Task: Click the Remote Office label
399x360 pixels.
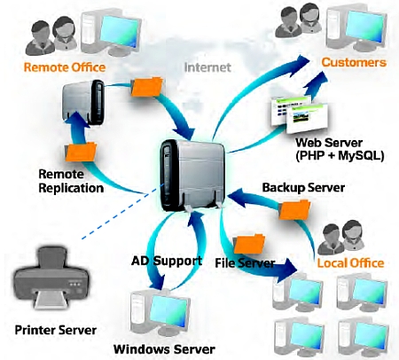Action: (x=65, y=67)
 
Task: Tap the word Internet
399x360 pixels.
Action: (x=207, y=67)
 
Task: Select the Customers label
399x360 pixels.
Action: (x=354, y=62)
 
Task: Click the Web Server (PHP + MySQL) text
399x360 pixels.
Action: (x=340, y=149)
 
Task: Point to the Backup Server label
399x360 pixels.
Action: (x=303, y=188)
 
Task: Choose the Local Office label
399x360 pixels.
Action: (x=350, y=262)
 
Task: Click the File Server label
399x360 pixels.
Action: (x=245, y=262)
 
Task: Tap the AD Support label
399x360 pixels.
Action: (x=167, y=261)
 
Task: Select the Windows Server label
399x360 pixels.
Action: (x=164, y=349)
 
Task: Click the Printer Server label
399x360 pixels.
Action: (x=56, y=330)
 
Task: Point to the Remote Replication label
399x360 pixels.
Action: (x=71, y=181)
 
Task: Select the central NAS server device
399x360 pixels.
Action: (x=193, y=175)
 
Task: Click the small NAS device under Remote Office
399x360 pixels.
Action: (x=83, y=102)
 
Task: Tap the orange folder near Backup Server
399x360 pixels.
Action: (x=294, y=209)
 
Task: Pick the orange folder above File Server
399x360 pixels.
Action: (x=249, y=244)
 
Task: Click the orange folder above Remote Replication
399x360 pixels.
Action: (x=81, y=152)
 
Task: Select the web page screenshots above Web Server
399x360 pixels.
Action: (x=299, y=115)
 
